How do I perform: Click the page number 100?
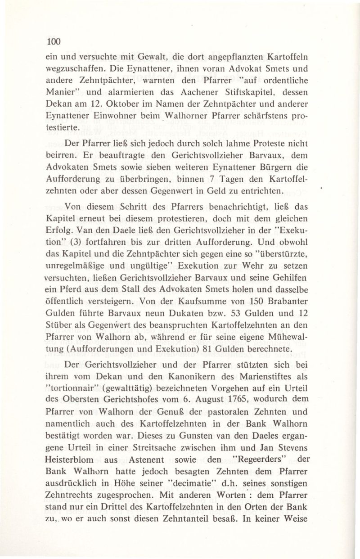[53, 41]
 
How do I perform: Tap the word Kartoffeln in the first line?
[284, 58]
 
